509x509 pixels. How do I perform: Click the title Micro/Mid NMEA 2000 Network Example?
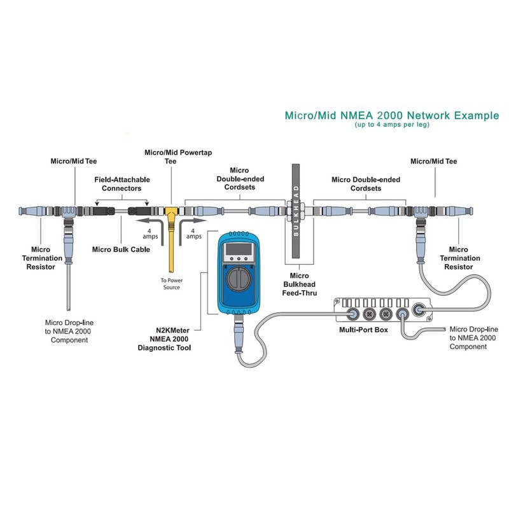(x=392, y=116)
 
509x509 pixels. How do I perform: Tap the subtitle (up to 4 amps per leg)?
(x=392, y=125)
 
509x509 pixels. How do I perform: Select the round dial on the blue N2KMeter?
(x=239, y=279)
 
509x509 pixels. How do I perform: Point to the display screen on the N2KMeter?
(x=239, y=249)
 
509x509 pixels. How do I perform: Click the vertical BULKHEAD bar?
(x=296, y=211)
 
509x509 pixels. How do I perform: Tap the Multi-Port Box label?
(x=363, y=330)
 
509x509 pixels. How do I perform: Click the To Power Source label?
(x=171, y=284)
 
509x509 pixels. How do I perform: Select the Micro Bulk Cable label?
(x=121, y=249)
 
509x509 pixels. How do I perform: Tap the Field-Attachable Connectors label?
(x=122, y=184)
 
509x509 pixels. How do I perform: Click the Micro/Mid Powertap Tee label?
(x=178, y=157)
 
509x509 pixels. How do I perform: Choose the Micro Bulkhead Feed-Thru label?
(x=299, y=284)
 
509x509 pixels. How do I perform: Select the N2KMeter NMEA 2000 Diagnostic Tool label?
(x=165, y=339)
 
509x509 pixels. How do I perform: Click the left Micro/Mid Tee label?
(x=74, y=162)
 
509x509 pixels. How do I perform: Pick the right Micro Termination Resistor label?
(x=459, y=258)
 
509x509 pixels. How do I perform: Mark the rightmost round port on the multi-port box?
(x=418, y=310)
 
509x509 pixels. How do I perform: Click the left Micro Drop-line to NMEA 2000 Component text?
(x=69, y=331)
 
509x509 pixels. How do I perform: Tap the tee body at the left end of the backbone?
(x=69, y=212)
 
